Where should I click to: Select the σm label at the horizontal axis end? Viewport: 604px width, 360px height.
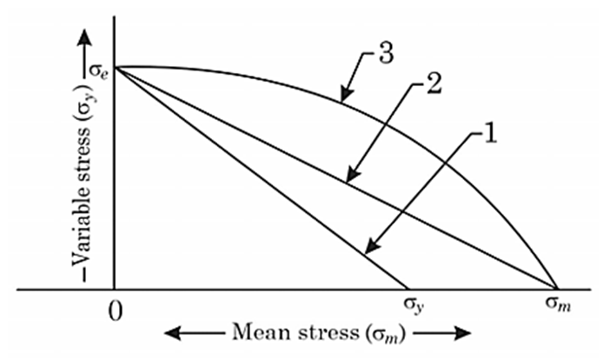[554, 306]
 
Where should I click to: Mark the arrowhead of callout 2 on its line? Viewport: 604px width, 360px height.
[347, 181]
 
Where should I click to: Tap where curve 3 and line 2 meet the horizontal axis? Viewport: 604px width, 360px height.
[556, 288]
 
